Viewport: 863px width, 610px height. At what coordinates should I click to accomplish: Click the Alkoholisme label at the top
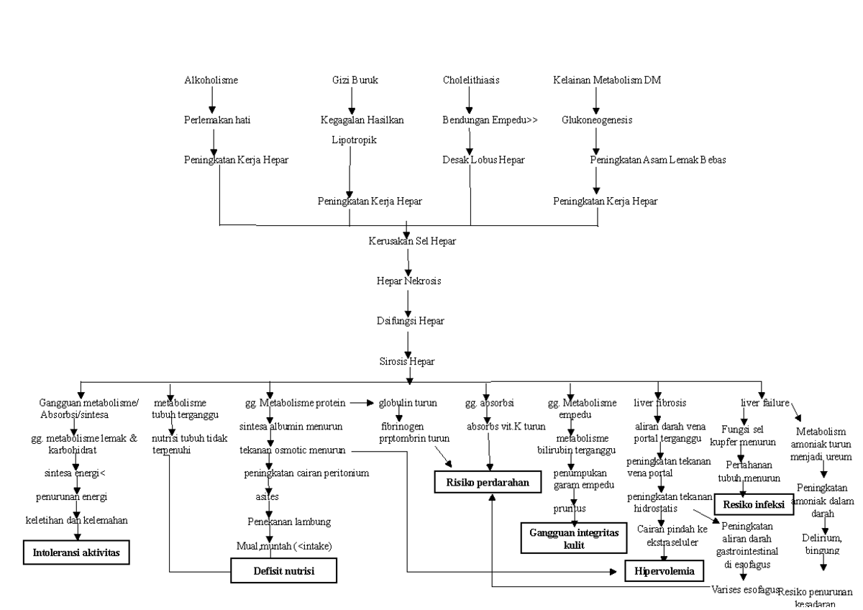point(211,80)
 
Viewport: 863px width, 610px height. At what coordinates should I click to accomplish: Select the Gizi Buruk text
point(355,80)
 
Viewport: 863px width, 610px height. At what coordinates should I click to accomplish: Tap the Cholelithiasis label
point(471,80)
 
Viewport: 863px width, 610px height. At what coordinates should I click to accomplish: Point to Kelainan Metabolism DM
point(606,80)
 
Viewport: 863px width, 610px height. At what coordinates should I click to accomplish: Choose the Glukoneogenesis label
point(597,120)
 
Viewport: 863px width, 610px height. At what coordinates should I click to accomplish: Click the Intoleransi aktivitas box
point(76,553)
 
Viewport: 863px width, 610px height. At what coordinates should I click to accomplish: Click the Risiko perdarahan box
point(486,483)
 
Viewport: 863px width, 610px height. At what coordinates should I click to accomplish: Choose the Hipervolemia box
point(663,572)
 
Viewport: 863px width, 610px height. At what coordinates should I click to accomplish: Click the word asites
point(267,496)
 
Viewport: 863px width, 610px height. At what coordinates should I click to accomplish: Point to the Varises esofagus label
point(745,589)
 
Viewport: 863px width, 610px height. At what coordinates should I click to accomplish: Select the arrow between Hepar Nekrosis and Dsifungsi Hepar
point(408,301)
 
